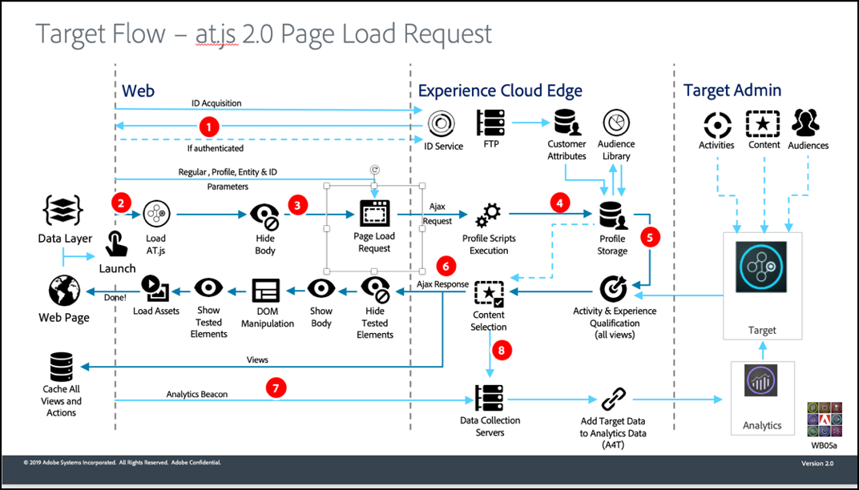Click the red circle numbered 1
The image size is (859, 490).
click(x=209, y=127)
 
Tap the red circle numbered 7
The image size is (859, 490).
click(x=276, y=388)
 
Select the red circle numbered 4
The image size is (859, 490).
click(x=560, y=204)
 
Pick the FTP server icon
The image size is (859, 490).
click(x=490, y=122)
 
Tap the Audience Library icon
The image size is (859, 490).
click(x=616, y=123)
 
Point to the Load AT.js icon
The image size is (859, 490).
click(x=155, y=215)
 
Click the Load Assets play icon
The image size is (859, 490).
click(x=154, y=286)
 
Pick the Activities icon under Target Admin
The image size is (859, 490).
click(x=716, y=124)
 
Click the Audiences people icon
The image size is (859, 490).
click(x=808, y=123)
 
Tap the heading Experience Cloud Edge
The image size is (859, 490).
click(x=500, y=91)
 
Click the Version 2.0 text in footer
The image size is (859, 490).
click(x=817, y=464)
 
